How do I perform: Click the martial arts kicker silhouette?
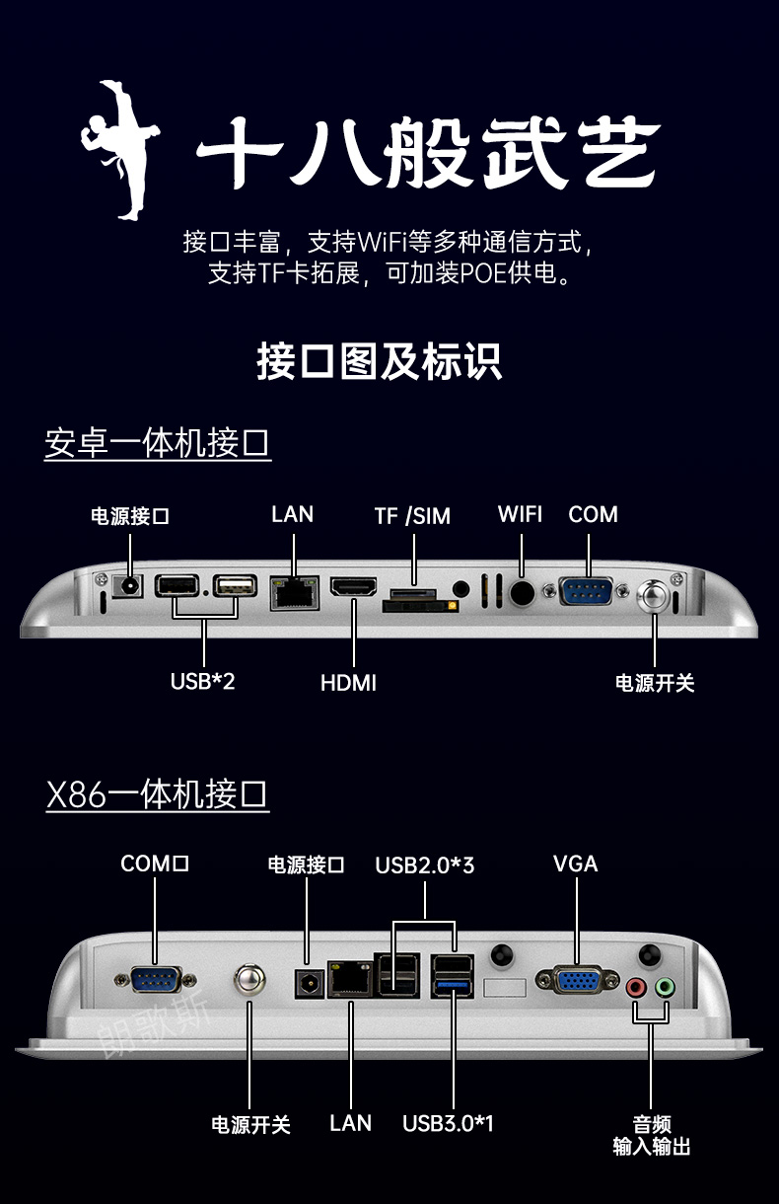[121, 148]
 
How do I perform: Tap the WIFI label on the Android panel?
[520, 513]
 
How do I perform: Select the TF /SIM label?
[412, 515]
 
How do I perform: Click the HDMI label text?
[348, 682]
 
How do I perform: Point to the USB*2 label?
[202, 680]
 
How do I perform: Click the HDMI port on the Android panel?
[352, 590]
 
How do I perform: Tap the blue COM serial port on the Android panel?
[586, 591]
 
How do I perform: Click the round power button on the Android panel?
[654, 595]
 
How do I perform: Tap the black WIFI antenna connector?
[522, 592]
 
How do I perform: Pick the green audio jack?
[666, 986]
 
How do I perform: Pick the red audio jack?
[637, 986]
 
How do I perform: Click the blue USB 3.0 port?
[453, 987]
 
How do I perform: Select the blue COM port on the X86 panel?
[155, 980]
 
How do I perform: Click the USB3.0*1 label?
[448, 1123]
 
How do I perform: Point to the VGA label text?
[575, 864]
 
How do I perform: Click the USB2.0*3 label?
[425, 865]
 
